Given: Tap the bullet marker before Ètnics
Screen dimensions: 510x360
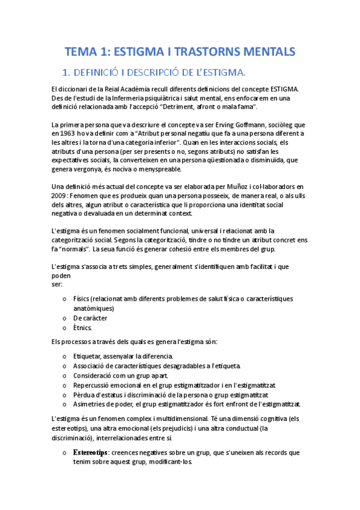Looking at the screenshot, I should pos(65,328).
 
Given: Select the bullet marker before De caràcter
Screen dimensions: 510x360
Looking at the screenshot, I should pos(65,318).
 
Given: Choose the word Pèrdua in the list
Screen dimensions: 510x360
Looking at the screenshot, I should pos(84,395).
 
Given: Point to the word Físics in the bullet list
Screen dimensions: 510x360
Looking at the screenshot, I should pos(82,298).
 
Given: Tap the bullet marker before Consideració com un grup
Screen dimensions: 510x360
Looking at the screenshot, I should pos(65,375).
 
